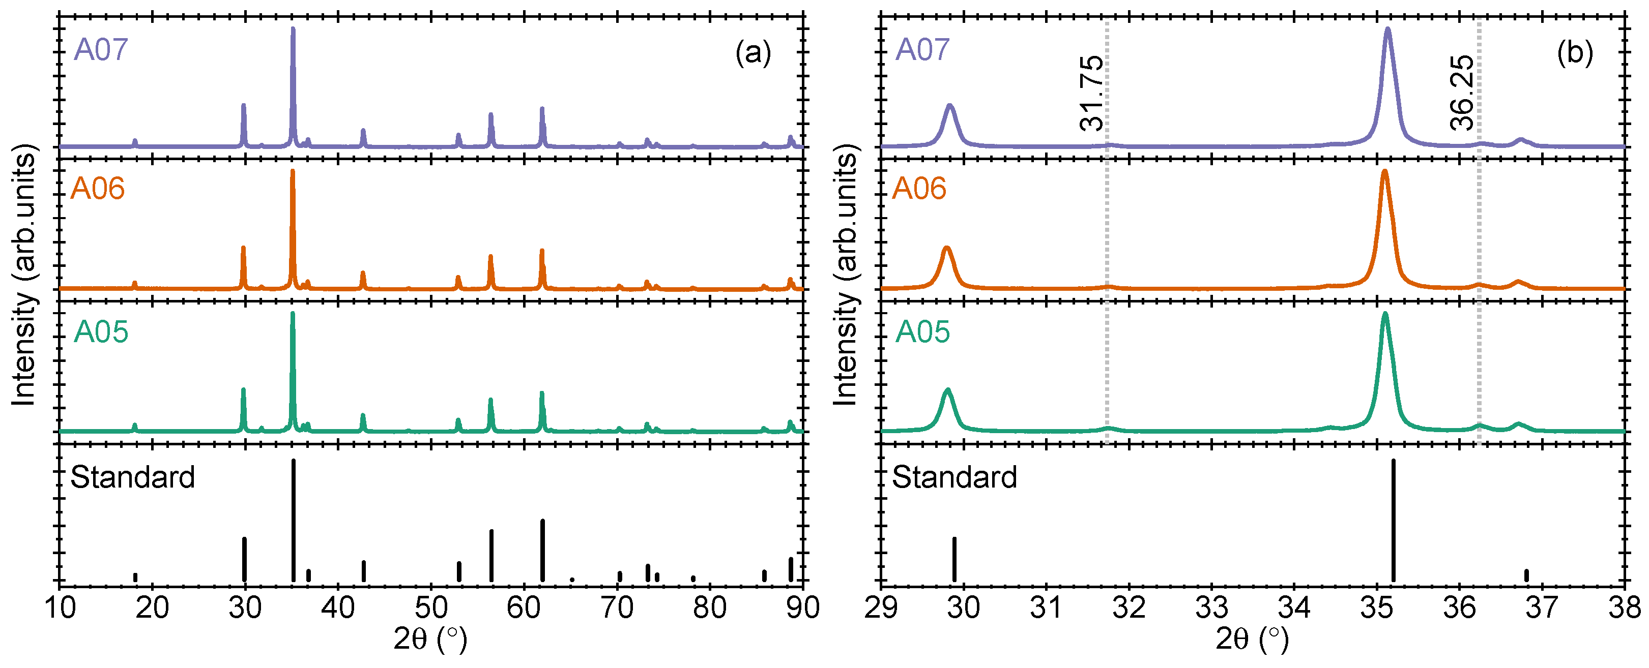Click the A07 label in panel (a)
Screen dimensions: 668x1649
[x=101, y=50]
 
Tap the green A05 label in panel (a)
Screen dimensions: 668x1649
[x=101, y=331]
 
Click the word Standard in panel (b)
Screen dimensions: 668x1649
[x=954, y=477]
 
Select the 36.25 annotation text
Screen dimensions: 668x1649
[x=1462, y=93]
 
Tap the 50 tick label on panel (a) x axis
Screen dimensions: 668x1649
[x=431, y=607]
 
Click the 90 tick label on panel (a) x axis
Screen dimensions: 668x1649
[x=802, y=607]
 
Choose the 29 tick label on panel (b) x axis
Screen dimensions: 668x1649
[x=881, y=607]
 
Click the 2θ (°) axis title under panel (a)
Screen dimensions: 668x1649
[x=430, y=639]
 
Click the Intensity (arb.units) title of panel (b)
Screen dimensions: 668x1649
[x=846, y=275]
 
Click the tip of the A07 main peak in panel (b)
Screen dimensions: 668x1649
[x=1388, y=29]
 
